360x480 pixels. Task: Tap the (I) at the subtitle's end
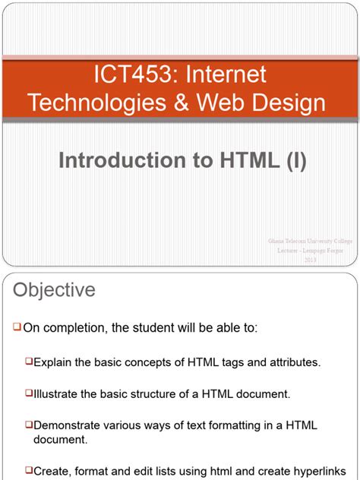293,161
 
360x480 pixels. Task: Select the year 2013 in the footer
311,260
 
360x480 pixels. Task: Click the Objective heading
52,290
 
